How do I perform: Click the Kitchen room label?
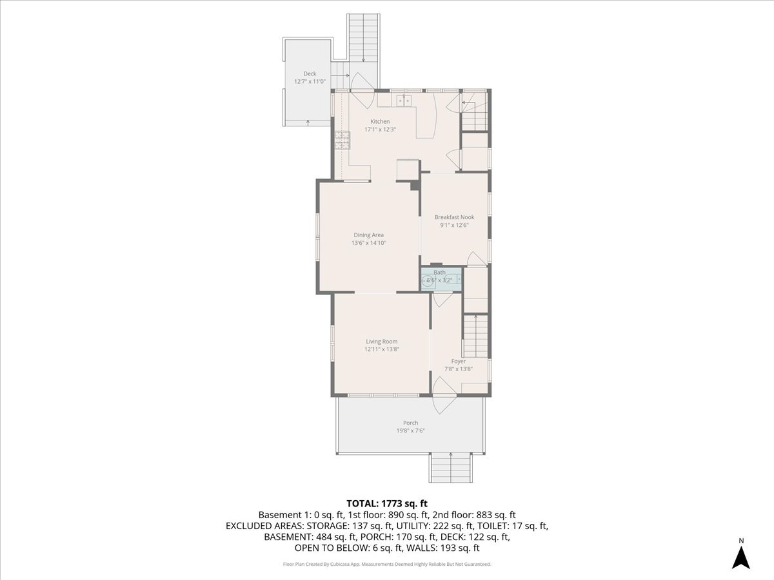(x=379, y=122)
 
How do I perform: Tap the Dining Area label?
(x=368, y=235)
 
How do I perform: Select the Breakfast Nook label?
(x=454, y=217)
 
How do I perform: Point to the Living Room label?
(x=381, y=342)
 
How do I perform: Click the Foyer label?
(x=458, y=362)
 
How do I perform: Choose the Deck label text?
(x=310, y=73)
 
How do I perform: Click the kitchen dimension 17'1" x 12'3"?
(x=379, y=130)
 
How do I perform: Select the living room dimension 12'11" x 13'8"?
(x=381, y=349)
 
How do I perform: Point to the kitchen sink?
(x=404, y=100)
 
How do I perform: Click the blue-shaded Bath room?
(x=442, y=278)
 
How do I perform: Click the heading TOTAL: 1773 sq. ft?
(x=387, y=503)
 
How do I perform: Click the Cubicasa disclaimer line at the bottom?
(x=387, y=564)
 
